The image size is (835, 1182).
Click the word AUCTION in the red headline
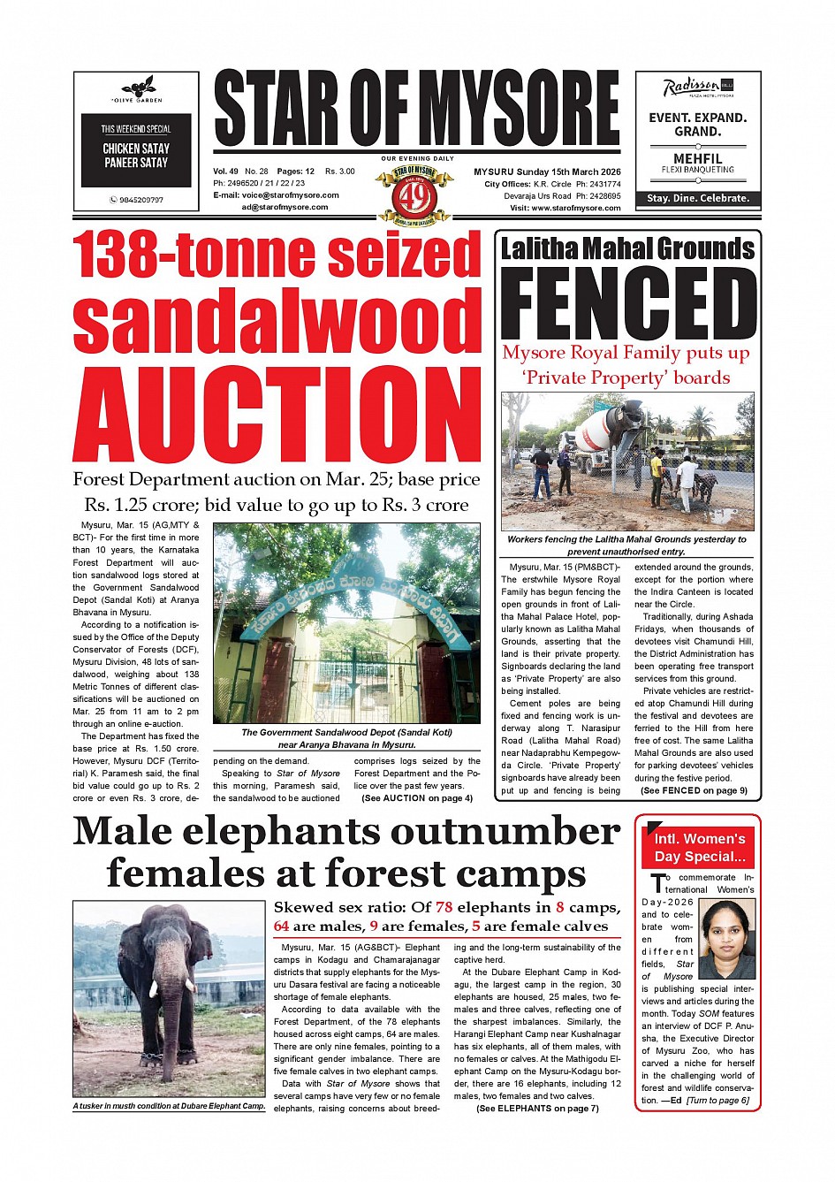coord(277,414)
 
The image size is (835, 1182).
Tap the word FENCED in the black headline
coord(628,301)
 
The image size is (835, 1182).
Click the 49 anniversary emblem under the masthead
coord(414,192)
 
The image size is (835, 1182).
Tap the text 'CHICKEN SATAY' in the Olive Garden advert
coord(136,149)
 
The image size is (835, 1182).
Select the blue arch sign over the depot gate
coord(345,597)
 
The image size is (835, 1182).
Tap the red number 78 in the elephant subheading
coord(444,907)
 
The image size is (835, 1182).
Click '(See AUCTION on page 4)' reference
coord(417,798)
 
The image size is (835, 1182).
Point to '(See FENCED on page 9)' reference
coord(694,790)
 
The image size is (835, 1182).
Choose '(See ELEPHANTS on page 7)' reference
coord(537,1108)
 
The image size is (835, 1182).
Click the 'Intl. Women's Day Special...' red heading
coord(699,847)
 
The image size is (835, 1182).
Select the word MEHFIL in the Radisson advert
coord(697,159)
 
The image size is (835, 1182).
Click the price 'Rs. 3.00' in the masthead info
coord(340,172)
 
